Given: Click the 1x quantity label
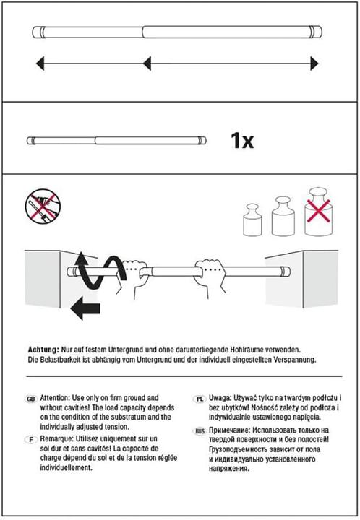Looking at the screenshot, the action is [x=242, y=141].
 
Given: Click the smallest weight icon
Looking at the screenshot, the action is [x=252, y=220].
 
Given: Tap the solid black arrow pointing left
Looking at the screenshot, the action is [x=85, y=308].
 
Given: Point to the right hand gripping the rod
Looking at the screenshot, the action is [x=210, y=277].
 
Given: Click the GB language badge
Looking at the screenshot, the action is [x=30, y=399].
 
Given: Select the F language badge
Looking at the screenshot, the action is [x=31, y=440].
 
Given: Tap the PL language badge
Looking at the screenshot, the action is [x=200, y=399].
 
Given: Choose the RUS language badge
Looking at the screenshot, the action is [x=200, y=431].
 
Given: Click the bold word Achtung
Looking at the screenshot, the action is [x=43, y=350].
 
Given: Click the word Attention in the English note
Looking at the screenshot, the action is [x=55, y=398].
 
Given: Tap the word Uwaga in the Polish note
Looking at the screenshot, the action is [x=220, y=398].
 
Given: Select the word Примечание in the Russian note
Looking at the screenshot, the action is [x=230, y=430].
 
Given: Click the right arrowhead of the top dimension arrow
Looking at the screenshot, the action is [x=314, y=64].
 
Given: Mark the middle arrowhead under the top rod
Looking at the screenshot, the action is [x=147, y=64].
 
